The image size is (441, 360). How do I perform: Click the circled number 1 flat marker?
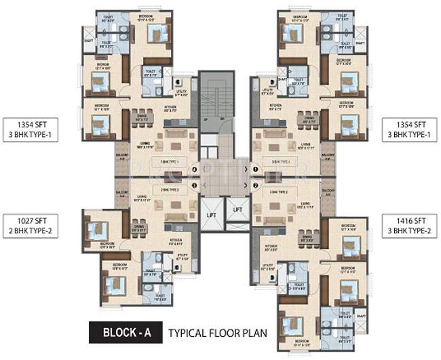[x=255, y=169]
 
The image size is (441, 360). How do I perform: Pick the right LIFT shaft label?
[x=237, y=210]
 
